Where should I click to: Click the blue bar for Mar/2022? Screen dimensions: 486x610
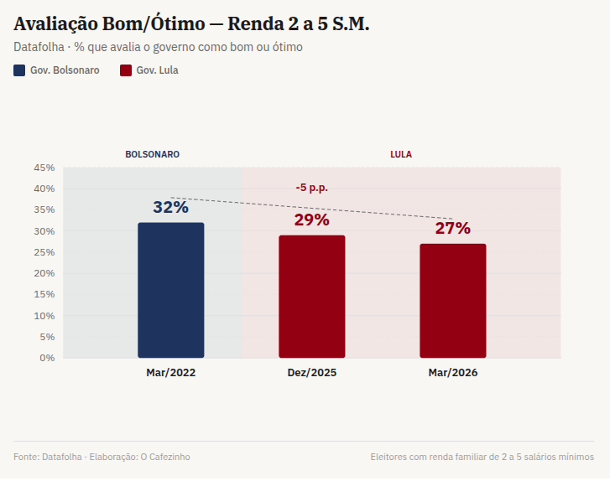[x=171, y=290]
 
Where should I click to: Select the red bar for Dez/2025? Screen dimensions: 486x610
[x=312, y=296]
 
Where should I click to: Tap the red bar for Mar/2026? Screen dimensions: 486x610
[x=453, y=300]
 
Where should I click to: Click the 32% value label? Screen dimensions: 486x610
[x=170, y=207]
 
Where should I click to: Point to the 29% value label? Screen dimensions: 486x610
[x=311, y=220]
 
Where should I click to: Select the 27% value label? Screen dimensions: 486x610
[x=452, y=228]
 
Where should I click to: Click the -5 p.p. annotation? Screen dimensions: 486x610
[x=311, y=188]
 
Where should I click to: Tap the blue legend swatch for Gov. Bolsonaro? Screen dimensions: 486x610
[x=19, y=70]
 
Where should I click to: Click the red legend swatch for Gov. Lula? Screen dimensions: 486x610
[x=126, y=70]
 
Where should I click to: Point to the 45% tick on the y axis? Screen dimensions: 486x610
[x=44, y=168]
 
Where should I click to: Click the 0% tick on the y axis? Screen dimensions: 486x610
[x=47, y=358]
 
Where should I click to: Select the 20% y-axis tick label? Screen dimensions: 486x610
[x=44, y=273]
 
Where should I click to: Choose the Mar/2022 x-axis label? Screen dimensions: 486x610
[x=170, y=373]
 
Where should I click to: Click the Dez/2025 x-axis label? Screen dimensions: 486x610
[x=311, y=373]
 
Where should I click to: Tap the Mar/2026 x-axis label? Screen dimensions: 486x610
[x=452, y=373]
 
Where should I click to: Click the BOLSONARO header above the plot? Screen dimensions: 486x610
[x=152, y=155]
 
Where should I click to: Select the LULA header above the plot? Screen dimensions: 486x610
[x=400, y=155]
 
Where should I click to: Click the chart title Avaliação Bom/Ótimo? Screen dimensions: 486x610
[x=109, y=24]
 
